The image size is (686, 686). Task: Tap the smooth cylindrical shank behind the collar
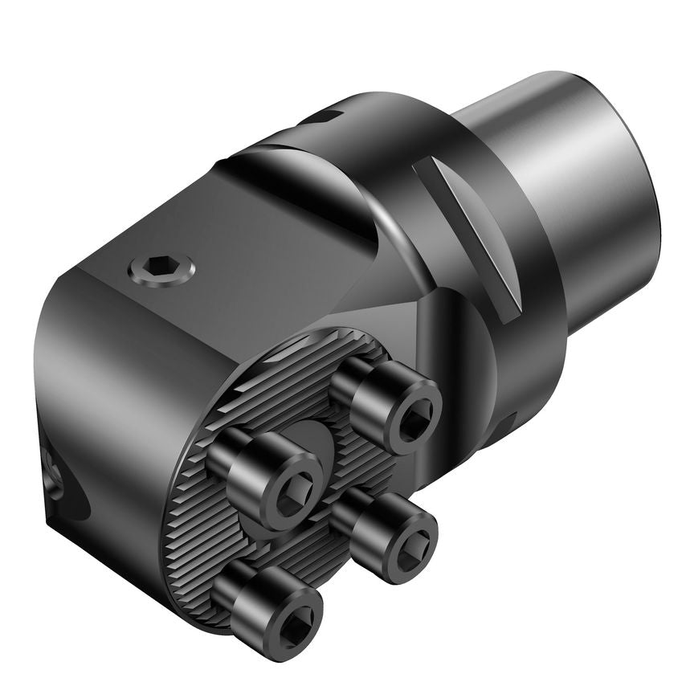[562, 161]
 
